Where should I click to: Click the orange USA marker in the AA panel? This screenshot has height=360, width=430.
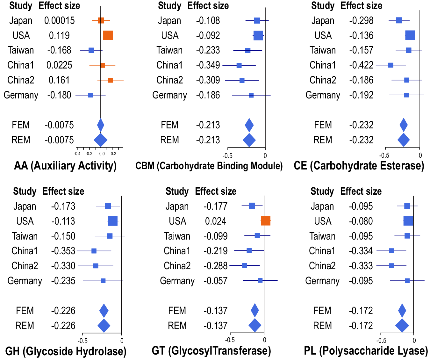pos(108,35)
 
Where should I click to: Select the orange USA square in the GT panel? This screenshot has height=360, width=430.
pos(265,221)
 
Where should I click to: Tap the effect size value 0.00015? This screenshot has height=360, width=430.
pos(59,21)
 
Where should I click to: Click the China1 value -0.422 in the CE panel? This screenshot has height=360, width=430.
pos(361,65)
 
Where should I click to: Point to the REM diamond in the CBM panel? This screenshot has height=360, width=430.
pos(249,140)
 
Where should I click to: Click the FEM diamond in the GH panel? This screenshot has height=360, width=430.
pos(104,311)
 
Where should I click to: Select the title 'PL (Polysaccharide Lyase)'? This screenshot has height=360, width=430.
pos(366,351)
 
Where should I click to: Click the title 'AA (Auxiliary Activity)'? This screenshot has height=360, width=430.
pos(65,166)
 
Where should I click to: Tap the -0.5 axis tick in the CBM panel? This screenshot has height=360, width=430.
pos(227,156)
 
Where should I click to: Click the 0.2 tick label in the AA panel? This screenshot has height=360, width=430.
pos(113,154)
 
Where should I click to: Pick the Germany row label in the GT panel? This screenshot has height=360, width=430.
pos(177,281)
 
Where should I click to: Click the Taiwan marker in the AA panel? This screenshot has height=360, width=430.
pos(91,50)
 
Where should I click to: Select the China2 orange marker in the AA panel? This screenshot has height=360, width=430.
pos(110,80)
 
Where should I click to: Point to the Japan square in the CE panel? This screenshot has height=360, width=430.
pos(399,21)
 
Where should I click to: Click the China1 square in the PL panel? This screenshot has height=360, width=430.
pos(391,251)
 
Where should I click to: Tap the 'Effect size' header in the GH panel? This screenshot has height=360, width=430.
pos(63,191)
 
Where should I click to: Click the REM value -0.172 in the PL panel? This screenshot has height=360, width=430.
pos(361,326)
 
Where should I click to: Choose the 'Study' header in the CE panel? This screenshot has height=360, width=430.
pos(323,6)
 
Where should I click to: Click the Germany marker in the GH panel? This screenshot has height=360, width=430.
pos(103,281)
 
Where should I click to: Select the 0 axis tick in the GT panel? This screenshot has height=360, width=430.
pos(264,340)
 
